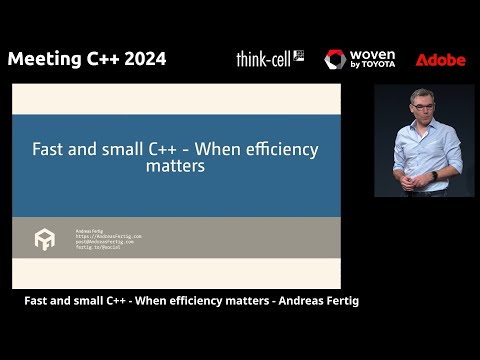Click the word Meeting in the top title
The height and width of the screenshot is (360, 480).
point(42,58)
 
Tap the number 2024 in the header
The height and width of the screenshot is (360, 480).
point(142,58)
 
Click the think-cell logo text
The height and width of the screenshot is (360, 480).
point(264,59)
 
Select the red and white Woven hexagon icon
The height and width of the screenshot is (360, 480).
point(335,60)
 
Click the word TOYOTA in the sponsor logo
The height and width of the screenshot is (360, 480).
point(377,65)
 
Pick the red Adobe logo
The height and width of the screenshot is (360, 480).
point(440,60)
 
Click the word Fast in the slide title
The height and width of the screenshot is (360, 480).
point(50,150)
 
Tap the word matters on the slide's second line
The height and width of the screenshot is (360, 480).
point(175,167)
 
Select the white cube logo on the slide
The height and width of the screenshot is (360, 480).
point(45,239)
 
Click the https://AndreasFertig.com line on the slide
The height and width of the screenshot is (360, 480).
point(109,236)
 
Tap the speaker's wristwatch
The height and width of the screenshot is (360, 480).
point(434,175)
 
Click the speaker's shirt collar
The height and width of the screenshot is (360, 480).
point(421,123)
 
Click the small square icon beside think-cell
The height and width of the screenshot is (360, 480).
point(298,56)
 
